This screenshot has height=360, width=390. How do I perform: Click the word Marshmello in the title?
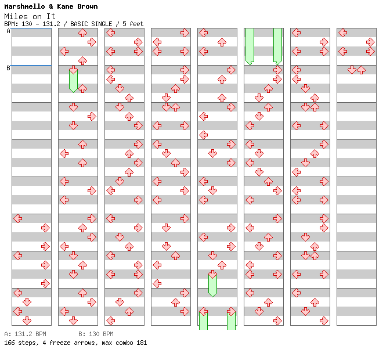coord(24,6)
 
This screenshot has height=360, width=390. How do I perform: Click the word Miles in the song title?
coord(16,16)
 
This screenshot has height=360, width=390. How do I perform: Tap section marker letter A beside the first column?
coord(9,31)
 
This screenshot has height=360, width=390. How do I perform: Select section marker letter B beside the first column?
coord(9,68)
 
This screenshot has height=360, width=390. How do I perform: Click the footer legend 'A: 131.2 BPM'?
coord(25,334)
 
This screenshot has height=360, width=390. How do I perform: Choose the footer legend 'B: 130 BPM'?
coord(96,334)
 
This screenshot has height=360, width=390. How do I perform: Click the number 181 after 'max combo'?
coord(142,343)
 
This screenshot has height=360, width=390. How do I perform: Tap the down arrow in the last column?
coord(352,70)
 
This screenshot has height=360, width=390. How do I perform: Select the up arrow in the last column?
coord(361,70)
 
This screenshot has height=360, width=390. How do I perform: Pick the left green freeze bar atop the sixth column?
coord(250,46)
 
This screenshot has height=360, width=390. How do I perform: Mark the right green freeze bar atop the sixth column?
coord(277,46)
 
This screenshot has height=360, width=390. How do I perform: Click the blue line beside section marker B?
coord(31,65)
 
